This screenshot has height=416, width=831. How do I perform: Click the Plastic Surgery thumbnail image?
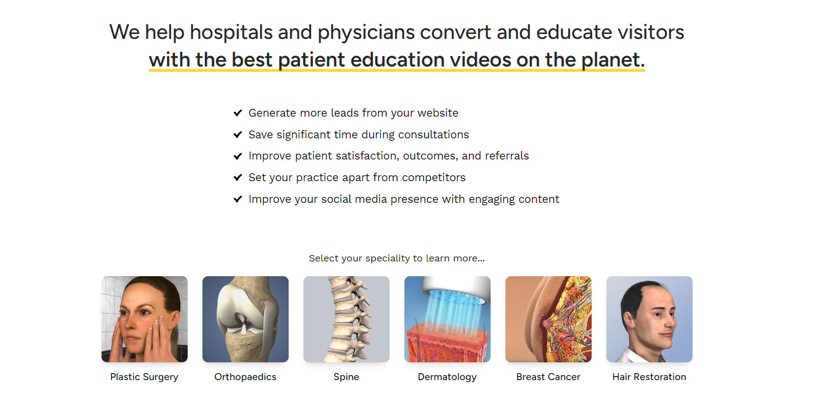coord(144,319)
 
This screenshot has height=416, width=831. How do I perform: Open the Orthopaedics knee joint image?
coord(245,319)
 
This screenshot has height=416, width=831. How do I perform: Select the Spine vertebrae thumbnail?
coord(346,319)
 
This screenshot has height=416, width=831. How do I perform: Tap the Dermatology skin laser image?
coord(447,319)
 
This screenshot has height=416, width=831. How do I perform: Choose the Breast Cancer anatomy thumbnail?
coord(548,319)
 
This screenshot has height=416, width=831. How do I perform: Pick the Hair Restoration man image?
coord(649,319)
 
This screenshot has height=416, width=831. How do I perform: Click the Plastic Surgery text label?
coord(144,377)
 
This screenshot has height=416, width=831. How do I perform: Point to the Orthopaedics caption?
coord(245,377)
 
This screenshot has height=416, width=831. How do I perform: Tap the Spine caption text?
coord(346,377)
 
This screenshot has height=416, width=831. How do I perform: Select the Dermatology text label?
coord(447,377)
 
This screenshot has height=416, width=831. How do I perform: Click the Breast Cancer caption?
coord(548,377)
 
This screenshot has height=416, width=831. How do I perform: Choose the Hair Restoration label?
coord(649,377)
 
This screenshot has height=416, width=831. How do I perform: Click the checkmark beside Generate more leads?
coord(238,113)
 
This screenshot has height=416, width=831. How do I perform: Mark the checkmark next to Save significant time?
coord(238,134)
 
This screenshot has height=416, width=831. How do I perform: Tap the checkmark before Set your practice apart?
coord(238,178)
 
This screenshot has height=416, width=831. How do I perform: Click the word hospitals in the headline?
coord(232,32)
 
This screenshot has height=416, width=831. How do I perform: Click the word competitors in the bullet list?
coord(433,178)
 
